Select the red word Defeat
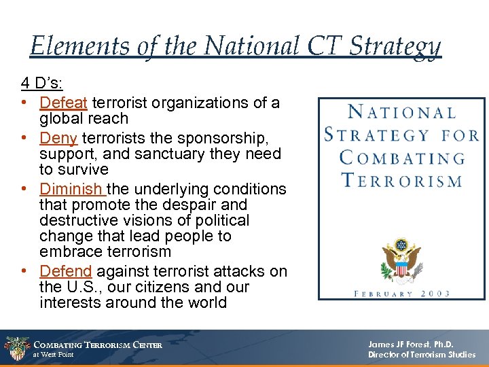[x=63, y=103]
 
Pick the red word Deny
[x=58, y=138]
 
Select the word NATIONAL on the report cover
[x=401, y=113]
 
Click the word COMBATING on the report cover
[x=402, y=158]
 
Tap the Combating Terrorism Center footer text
[x=98, y=345]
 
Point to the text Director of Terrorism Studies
[x=421, y=355]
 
